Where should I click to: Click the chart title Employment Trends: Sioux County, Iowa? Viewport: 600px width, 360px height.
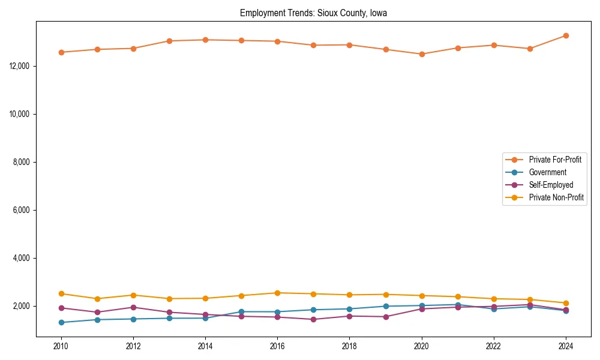coord(313,13)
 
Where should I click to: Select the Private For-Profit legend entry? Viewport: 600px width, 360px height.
coord(551,160)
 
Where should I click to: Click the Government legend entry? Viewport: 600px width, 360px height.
coord(547,172)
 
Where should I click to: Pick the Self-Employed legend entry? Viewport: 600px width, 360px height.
coord(551,185)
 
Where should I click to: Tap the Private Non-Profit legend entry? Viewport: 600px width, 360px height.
coord(556,197)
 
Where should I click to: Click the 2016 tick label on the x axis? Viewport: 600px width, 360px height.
coord(277,346)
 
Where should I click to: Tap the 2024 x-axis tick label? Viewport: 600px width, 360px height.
coord(566,346)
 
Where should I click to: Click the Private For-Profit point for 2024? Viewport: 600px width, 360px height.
coord(566,36)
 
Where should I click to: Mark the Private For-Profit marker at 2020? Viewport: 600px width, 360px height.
coord(422,54)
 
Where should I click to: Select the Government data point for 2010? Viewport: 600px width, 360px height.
coord(61,322)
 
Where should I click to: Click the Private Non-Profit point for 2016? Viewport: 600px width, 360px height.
coord(277,293)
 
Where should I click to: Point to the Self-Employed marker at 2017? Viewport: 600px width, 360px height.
coord(313,319)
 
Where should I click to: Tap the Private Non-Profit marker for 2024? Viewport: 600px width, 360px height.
coord(566,303)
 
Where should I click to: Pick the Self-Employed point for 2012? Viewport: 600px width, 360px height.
coord(133,307)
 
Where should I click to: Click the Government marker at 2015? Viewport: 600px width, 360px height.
coord(241,311)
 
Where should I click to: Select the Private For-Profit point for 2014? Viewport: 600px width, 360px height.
coord(205,40)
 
